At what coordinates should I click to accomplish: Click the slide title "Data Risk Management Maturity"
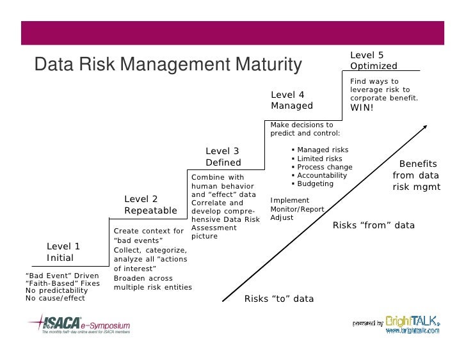[167, 65]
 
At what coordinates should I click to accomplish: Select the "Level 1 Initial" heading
[63, 252]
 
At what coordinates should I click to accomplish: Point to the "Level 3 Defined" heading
[222, 157]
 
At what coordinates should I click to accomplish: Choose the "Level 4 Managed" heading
[292, 100]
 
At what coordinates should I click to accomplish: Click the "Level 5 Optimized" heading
[373, 61]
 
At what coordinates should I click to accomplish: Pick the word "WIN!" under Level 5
[362, 107]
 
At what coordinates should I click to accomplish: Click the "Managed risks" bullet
[323, 150]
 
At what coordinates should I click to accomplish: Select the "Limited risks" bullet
[319, 159]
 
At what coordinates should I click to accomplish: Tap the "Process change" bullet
[325, 168]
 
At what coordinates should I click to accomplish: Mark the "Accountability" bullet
[322, 175]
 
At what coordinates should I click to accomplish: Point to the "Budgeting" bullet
[315, 184]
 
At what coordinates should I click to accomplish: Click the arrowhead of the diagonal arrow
[423, 127]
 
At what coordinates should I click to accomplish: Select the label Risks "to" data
[279, 299]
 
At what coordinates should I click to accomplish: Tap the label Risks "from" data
[374, 226]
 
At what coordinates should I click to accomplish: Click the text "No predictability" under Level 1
[56, 290]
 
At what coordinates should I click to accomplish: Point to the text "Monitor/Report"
[297, 209]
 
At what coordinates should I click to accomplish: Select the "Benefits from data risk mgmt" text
[416, 175]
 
